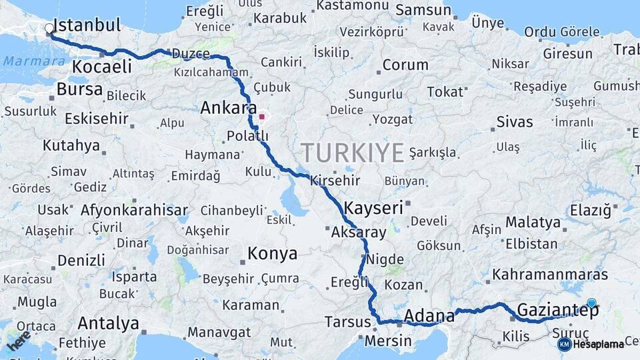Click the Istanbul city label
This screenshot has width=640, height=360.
87,26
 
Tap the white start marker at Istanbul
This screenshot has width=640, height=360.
49,29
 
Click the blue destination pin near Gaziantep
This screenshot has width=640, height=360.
591,303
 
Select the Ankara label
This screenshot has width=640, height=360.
229,108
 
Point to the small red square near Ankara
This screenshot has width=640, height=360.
262,117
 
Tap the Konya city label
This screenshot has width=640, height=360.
272,253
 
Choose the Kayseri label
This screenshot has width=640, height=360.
375,208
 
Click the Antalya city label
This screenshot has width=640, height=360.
108,323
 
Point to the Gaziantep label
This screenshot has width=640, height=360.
558,310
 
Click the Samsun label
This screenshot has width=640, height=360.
423,10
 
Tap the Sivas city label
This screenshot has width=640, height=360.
515,122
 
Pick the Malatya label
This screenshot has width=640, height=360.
533,222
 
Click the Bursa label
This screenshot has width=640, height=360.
79,89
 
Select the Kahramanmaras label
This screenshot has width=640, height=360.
550,274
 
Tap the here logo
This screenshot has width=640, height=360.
19,341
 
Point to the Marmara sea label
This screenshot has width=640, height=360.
25,61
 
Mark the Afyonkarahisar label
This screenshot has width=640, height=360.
134,210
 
